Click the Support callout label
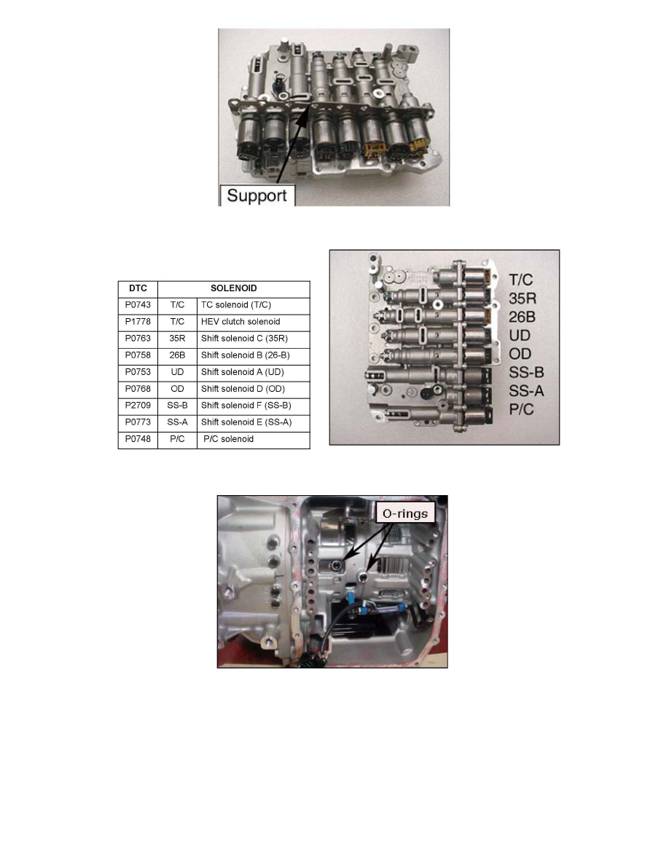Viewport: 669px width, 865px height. [257, 196]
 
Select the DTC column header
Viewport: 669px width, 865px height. [138, 288]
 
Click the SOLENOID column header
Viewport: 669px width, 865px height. [234, 288]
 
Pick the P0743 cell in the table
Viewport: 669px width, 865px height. [138, 304]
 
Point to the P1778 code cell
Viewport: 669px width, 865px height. [138, 321]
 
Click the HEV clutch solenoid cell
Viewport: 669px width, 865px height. [240, 321]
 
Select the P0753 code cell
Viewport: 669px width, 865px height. [138, 371]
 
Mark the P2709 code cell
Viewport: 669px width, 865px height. [138, 405]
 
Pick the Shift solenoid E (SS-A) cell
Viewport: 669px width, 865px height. [246, 422]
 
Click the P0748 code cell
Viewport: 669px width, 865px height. [138, 439]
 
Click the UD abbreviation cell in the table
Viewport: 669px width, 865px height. [177, 371]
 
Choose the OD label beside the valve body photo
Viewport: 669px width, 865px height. [520, 355]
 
